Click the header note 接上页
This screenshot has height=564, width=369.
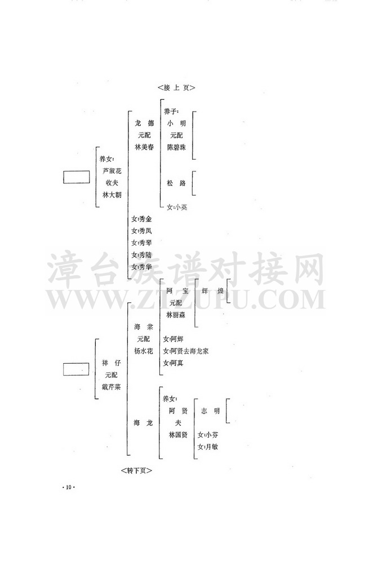tap(177, 88)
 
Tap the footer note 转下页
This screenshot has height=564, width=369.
tap(136, 469)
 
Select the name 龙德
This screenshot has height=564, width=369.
tap(144, 123)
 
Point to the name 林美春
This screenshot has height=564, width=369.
tap(144, 147)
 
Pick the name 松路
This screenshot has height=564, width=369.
tap(177, 183)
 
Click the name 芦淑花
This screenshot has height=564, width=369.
tap(112, 170)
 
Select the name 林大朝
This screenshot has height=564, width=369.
tap(112, 194)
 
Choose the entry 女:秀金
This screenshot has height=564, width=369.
tap(141, 219)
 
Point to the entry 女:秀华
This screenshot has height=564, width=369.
tap(141, 267)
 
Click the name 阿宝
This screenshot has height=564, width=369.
tap(177, 291)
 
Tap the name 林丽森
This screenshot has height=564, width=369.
tap(177, 315)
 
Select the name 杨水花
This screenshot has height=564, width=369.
tap(143, 351)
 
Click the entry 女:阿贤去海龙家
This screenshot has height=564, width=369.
tap(185, 351)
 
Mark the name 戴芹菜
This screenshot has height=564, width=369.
tap(111, 387)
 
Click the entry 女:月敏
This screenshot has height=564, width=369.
tap(208, 447)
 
